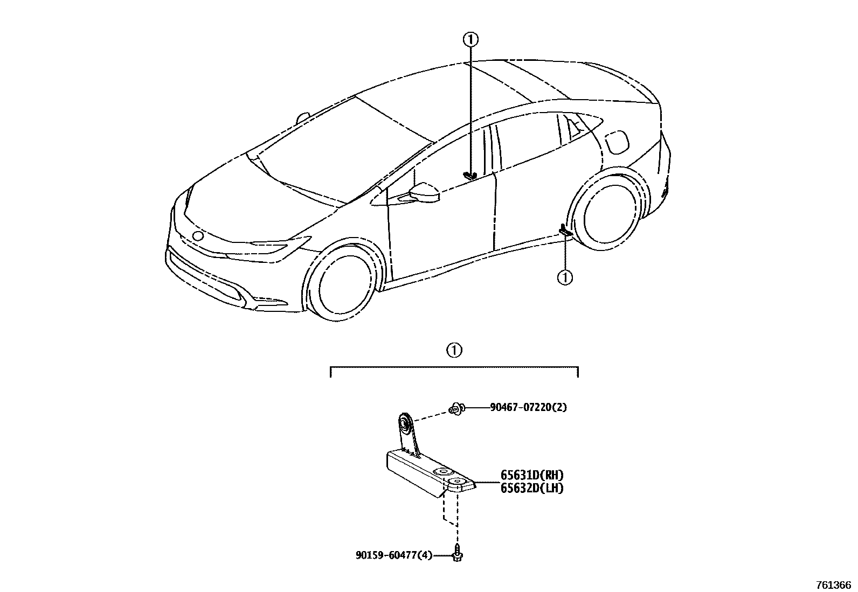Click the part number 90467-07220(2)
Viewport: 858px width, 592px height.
click(528, 408)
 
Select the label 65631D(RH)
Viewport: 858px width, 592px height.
click(532, 475)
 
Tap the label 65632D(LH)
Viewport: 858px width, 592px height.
click(532, 489)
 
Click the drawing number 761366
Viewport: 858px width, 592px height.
click(833, 584)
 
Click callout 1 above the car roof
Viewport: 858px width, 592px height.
click(470, 39)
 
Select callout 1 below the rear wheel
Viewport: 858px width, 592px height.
click(565, 277)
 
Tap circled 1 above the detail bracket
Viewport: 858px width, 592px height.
click(454, 350)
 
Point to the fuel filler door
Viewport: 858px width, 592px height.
click(616, 142)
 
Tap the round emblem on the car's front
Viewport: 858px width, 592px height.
click(198, 235)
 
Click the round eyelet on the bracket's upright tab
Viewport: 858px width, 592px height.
click(403, 423)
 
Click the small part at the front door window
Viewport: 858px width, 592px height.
click(470, 175)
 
